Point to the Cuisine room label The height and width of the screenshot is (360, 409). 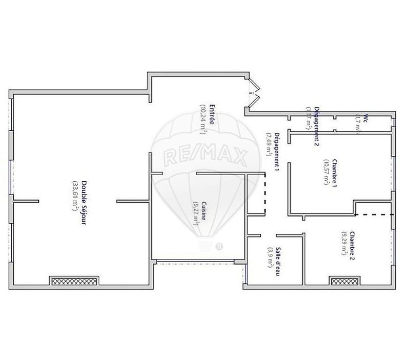(203, 210)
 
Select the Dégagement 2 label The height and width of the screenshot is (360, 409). (317, 126)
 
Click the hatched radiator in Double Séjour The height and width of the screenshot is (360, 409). (74, 280)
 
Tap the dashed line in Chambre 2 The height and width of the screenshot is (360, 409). (374, 215)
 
